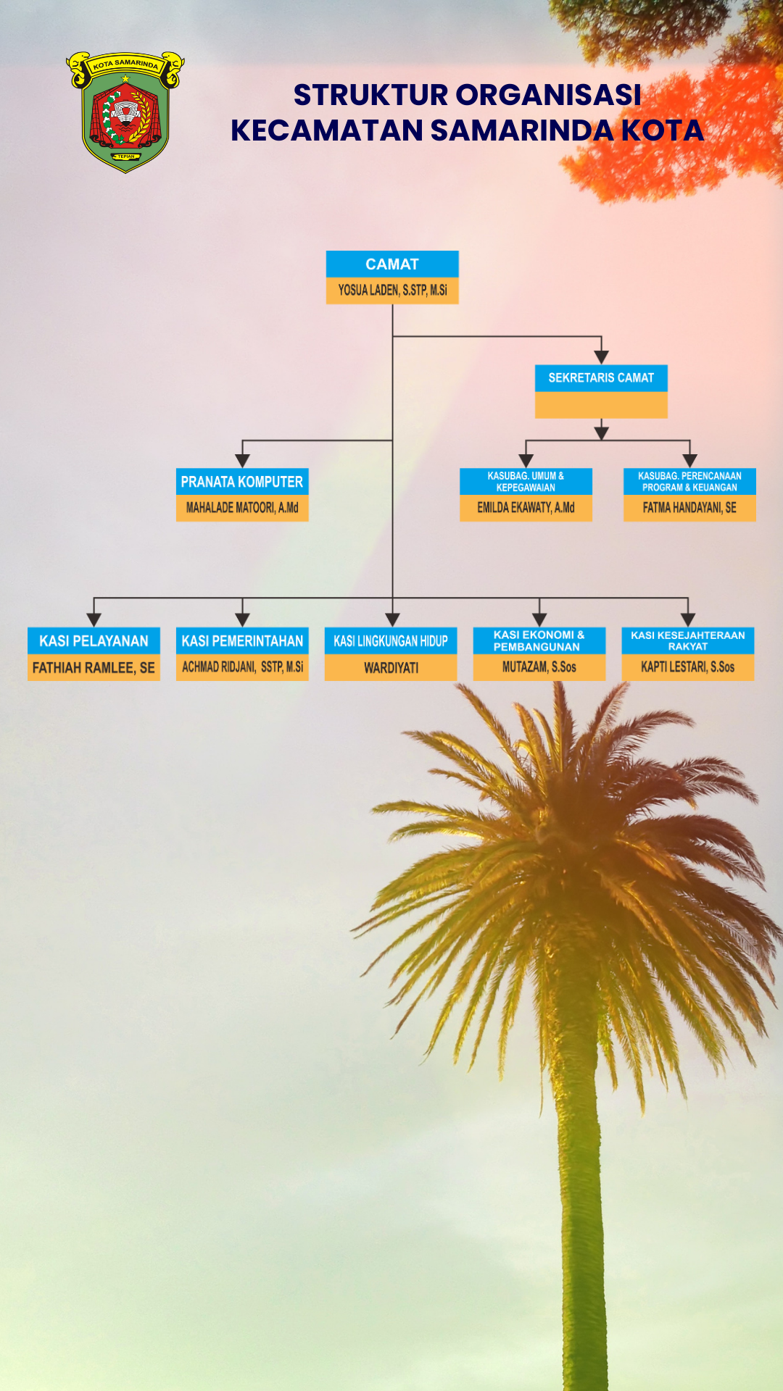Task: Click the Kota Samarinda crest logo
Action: point(125,112)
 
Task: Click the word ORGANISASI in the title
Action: point(548,95)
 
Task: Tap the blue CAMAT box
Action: point(392,264)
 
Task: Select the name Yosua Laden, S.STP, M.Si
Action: point(392,291)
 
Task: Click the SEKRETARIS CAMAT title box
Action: point(601,378)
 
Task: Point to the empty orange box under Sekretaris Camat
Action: point(601,405)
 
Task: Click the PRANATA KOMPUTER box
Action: point(242,482)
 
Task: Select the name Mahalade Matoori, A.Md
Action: point(242,508)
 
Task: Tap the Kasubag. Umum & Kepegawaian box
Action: point(526,482)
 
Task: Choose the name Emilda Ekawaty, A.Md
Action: point(526,508)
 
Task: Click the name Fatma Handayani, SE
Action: point(689,508)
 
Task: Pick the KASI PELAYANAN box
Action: point(94,641)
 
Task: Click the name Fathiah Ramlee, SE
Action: point(94,668)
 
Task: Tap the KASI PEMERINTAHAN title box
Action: point(242,641)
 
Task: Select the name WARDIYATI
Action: point(391,668)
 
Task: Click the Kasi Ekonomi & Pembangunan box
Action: point(539,641)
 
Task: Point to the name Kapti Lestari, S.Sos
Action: point(687,667)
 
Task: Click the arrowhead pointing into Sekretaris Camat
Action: point(601,356)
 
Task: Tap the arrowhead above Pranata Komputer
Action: point(242,461)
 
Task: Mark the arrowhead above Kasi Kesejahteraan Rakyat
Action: point(687,620)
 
